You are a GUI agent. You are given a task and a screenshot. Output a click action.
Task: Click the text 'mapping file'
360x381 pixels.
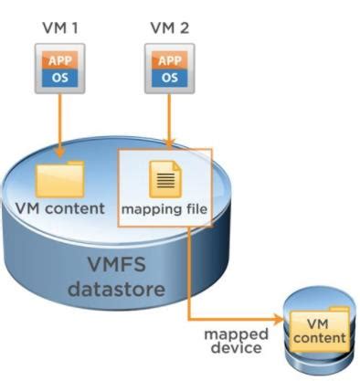click(166, 209)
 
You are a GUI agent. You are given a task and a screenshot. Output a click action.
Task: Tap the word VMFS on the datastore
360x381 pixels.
click(136, 267)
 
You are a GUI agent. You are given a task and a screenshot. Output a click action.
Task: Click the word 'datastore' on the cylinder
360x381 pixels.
click(136, 291)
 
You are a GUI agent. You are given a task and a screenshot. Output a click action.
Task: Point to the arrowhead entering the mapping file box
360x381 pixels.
click(167, 143)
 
